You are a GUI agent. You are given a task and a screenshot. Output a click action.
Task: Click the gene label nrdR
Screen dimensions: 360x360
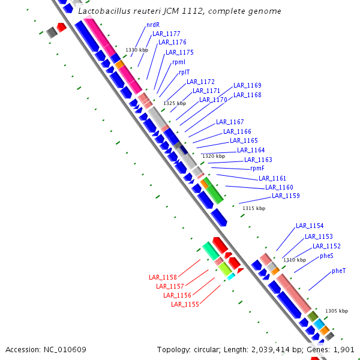pos(153,25)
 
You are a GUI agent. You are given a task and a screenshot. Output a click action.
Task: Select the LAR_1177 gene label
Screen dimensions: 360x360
pos(166,34)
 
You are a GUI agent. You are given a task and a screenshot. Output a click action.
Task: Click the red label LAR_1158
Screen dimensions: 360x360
pos(163,277)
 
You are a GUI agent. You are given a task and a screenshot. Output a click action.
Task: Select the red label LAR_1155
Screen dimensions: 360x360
pos(185,304)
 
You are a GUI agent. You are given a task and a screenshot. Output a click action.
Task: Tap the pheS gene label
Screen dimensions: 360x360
pos(326,256)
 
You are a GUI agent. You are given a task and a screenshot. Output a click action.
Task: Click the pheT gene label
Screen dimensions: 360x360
pos(338,271)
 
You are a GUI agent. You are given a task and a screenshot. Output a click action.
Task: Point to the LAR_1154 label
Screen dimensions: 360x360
pos(310,226)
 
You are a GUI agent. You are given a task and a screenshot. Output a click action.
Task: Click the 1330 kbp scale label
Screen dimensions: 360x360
pos(137,50)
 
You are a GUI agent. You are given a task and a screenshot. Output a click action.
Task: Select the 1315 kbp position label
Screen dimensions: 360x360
pos(254,208)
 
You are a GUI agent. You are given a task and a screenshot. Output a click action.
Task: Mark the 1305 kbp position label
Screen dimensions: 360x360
pos(337,311)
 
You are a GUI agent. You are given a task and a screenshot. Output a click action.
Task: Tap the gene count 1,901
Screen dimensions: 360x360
pos(344,349)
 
